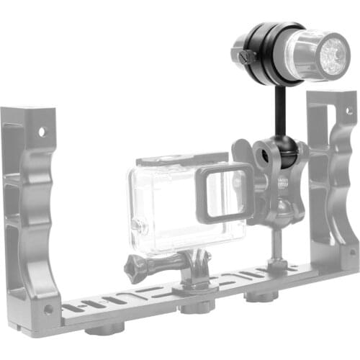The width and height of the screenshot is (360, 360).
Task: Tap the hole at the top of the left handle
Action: (x=41, y=132)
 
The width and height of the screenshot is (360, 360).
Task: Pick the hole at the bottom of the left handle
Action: (x=48, y=310)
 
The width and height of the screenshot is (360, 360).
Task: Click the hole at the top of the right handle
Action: (x=348, y=112)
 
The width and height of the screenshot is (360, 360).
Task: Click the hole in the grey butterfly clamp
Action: (x=258, y=153)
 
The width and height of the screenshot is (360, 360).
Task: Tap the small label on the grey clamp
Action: (x=282, y=181)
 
